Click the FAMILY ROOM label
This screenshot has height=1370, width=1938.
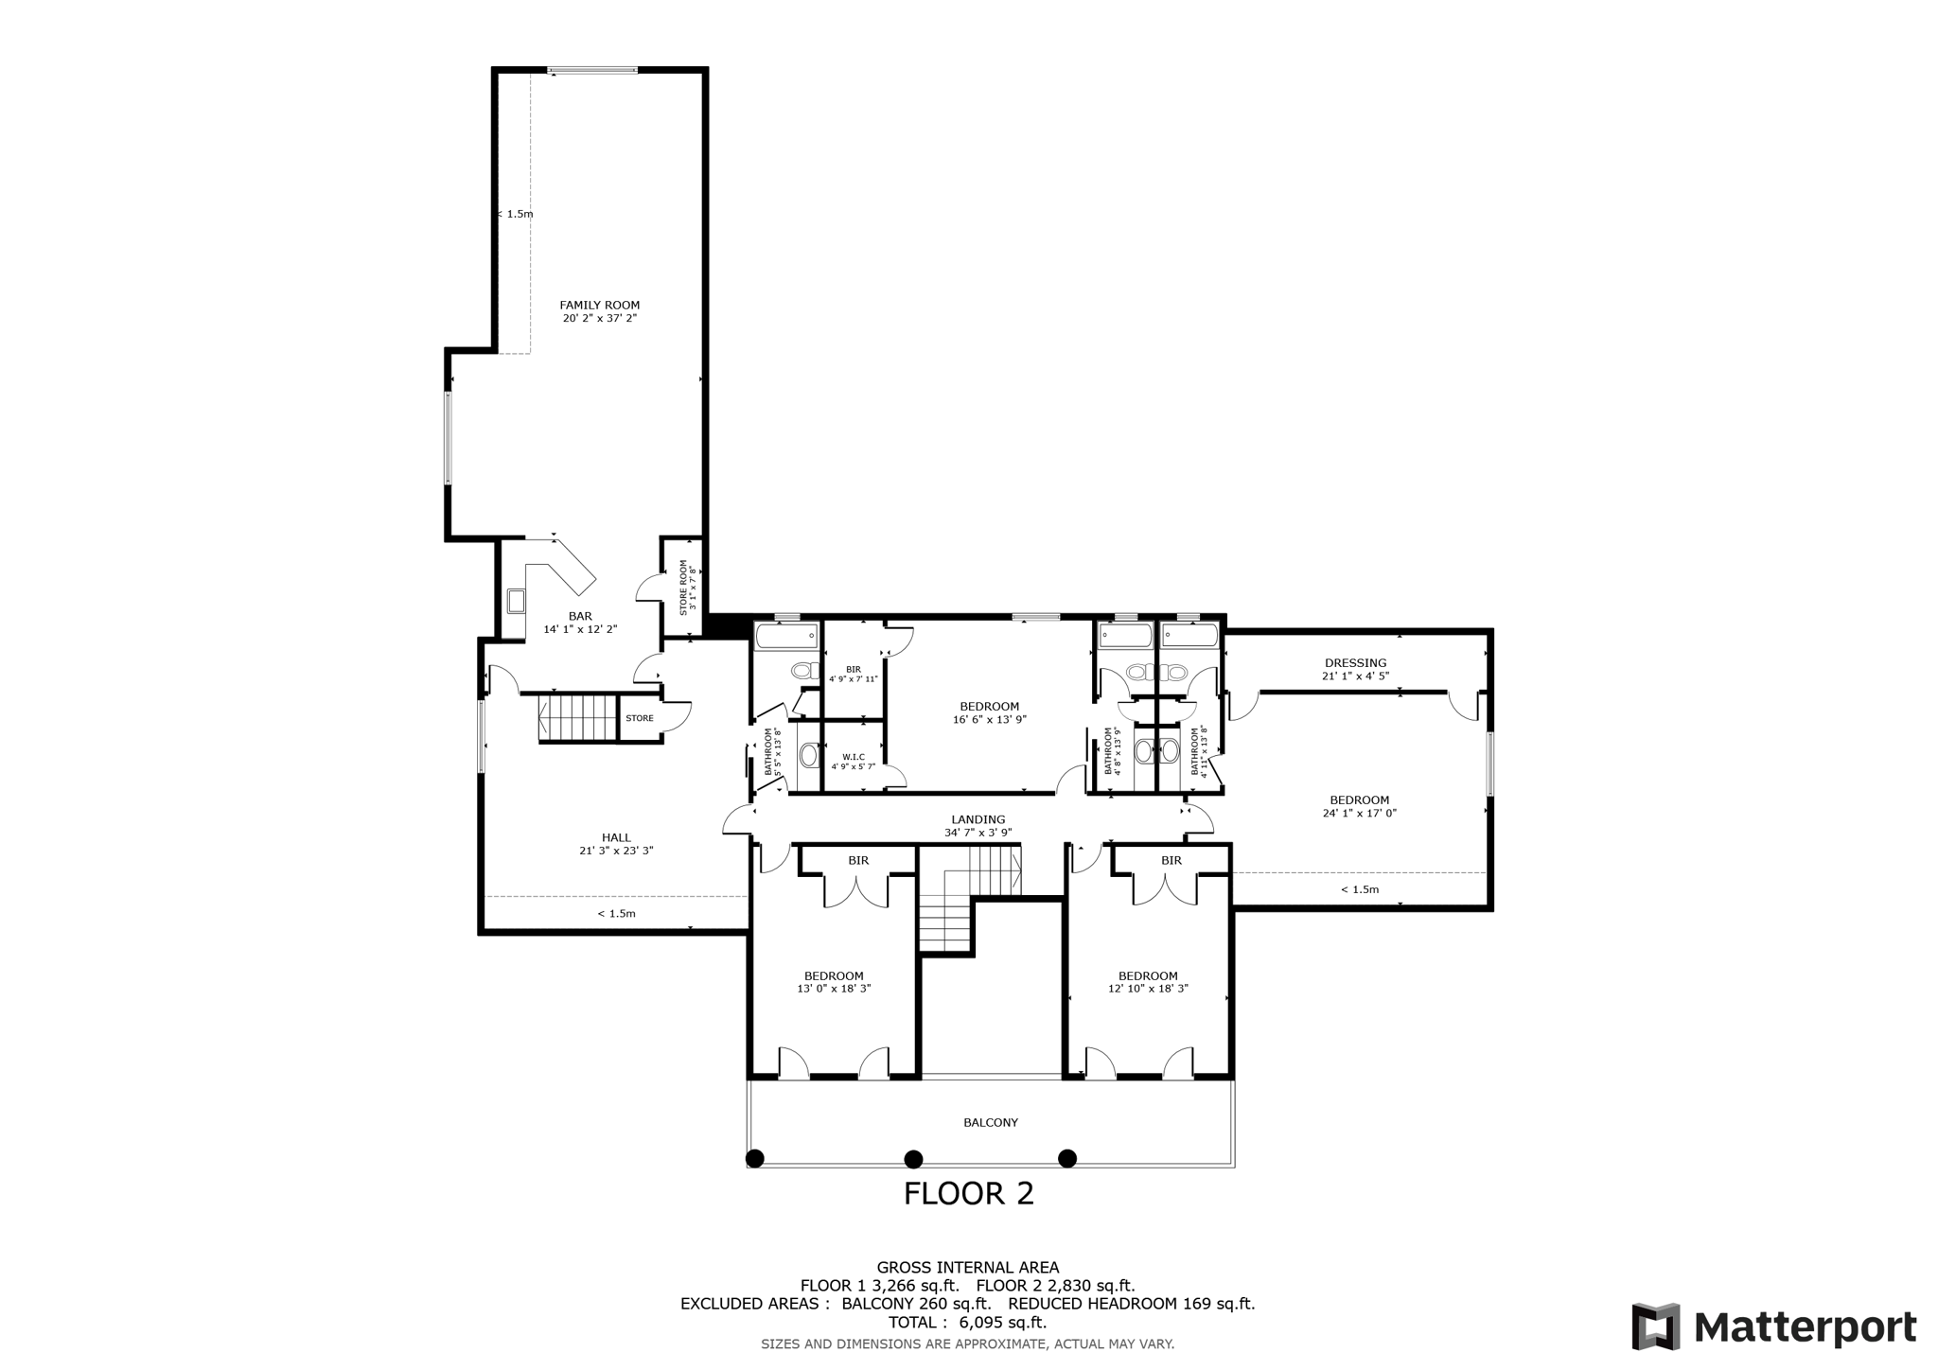(599, 305)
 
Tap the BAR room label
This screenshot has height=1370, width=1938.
(580, 616)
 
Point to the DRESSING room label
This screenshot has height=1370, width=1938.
(1355, 663)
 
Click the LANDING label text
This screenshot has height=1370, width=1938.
(978, 819)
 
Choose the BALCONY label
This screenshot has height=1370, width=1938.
(991, 1122)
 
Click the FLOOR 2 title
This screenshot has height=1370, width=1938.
(968, 1194)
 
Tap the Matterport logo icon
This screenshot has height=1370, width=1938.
(1655, 1326)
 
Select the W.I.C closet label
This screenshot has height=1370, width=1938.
(853, 756)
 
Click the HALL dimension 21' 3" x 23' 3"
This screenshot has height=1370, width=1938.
(616, 851)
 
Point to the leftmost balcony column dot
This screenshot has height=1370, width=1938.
(754, 1158)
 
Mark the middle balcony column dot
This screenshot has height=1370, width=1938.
(913, 1158)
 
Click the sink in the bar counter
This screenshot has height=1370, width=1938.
(516, 601)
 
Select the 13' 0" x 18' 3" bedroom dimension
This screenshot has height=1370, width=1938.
(834, 989)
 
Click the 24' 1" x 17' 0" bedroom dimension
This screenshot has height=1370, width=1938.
(1359, 813)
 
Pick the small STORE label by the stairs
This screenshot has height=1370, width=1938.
(639, 718)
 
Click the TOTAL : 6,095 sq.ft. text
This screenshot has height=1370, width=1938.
(967, 1323)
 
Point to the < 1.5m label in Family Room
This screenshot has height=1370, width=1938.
(517, 214)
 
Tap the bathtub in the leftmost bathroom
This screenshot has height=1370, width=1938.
(786, 636)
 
